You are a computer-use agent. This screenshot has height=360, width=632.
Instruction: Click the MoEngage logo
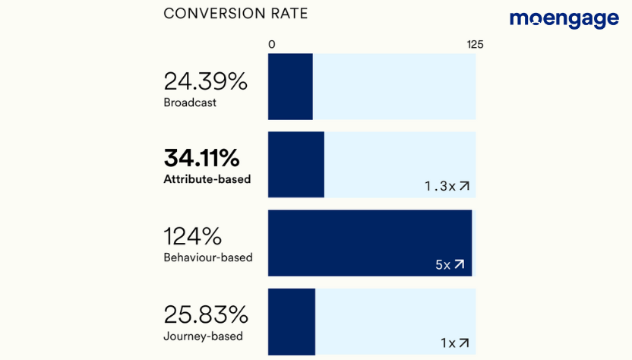[564, 19]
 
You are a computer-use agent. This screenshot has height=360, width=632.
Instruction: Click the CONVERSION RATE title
[236, 14]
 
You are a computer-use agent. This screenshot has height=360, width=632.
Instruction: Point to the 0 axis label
[272, 44]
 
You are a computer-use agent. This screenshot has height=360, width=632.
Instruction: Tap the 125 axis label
[475, 44]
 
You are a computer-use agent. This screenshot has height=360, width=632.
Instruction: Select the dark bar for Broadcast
[290, 87]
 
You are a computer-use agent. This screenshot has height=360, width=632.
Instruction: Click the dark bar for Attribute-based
[296, 165]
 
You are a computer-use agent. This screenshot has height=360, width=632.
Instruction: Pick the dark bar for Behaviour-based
[370, 243]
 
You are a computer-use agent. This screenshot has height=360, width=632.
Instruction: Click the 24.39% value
[205, 81]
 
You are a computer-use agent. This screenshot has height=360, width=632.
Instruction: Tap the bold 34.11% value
[202, 159]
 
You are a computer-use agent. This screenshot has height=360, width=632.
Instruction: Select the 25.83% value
[206, 314]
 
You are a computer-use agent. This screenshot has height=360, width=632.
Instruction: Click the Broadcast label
[190, 103]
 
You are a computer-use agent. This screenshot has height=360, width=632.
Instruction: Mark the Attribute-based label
[207, 180]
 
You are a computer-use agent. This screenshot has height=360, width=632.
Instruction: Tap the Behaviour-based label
[208, 257]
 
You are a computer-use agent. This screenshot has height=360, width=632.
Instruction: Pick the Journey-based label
[204, 336]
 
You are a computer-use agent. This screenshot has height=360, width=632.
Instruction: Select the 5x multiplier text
[443, 265]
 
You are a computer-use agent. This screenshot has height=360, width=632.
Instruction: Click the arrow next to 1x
[464, 343]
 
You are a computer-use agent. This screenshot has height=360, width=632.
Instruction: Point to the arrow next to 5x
[459, 265]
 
